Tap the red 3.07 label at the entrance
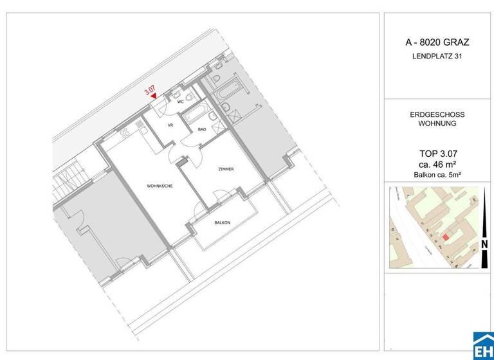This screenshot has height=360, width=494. click(x=149, y=90)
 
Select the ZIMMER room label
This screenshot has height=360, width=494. click(x=225, y=168)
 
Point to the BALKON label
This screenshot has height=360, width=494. click(x=223, y=222)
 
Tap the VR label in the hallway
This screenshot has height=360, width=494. click(x=171, y=124)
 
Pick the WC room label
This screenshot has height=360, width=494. click(x=181, y=102)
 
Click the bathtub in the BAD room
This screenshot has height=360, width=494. click(x=194, y=116)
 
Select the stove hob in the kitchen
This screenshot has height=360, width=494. click(x=122, y=135)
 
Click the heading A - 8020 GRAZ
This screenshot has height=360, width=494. click(x=437, y=42)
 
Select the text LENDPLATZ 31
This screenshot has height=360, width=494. click(x=437, y=57)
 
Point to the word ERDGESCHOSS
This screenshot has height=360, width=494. click(x=437, y=114)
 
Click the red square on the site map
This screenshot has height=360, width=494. click(x=446, y=237)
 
